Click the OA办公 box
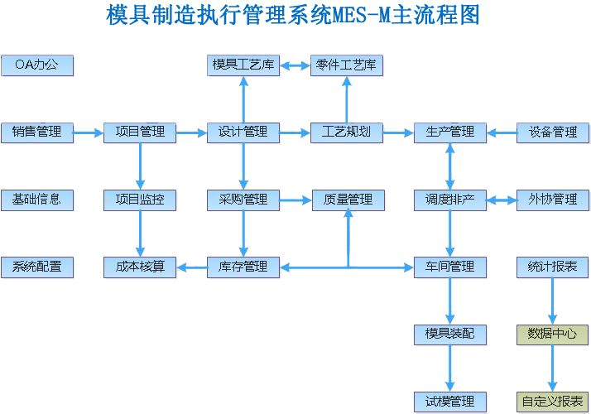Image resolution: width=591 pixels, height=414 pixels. coord(37,65)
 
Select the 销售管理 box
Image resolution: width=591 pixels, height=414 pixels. coord(37,132)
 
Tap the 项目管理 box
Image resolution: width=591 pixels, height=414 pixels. coord(140,132)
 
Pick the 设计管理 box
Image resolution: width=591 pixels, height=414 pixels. coord(243,132)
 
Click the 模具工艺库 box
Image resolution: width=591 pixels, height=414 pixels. coord(243,65)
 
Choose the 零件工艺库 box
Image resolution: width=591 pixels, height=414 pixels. coord(347,65)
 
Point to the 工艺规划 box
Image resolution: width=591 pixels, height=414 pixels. coord(347,132)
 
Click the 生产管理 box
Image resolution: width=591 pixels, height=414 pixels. coord(449,132)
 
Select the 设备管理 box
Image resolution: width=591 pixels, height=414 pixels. coord(552,132)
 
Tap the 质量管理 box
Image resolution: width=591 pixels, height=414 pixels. coord(347,200)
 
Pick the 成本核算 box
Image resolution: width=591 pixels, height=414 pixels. coord(140,267)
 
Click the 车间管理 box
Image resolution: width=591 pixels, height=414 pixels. coord(449,267)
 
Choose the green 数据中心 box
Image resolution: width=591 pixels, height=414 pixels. coord(552,335)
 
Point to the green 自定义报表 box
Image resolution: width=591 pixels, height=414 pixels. coord(552,402)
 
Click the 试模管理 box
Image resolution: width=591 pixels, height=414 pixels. coord(449,402)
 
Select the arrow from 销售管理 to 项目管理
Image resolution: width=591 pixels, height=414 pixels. coord(89,132)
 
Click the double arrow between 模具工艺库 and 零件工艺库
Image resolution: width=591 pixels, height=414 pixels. coord(295,65)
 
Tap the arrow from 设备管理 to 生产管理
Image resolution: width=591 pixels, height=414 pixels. coord(501,132)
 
